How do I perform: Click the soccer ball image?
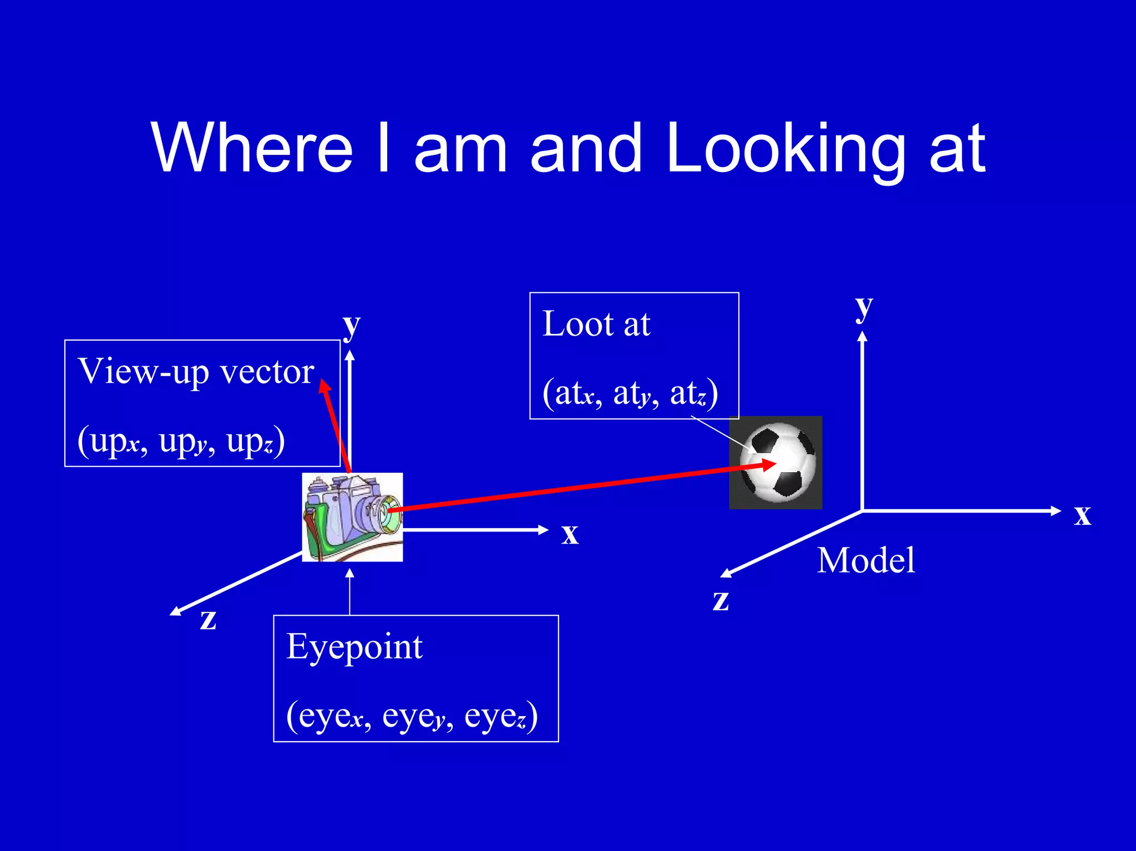[775, 462]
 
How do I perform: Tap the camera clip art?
[352, 517]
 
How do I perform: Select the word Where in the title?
[252, 149]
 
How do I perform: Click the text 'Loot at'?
[596, 324]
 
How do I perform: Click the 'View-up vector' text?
[196, 372]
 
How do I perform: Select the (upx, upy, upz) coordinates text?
[181, 441]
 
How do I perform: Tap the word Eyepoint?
[354, 647]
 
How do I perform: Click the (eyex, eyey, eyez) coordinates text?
[412, 716]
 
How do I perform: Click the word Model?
[866, 560]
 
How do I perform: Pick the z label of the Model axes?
[721, 600]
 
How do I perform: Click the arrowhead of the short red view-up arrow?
[324, 386]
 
